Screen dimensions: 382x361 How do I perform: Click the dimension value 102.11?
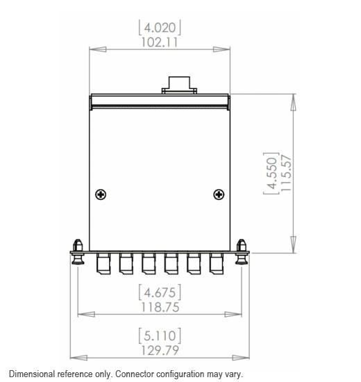(160, 42)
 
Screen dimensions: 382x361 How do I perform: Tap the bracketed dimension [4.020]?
(160, 27)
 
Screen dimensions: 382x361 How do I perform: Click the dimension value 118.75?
(160, 307)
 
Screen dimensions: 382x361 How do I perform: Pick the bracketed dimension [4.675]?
(160, 291)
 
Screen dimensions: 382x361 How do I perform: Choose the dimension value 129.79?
(160, 351)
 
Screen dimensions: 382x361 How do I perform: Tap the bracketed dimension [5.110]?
(160, 335)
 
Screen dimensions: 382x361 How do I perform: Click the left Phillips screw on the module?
(101, 194)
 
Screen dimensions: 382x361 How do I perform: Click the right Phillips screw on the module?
(218, 194)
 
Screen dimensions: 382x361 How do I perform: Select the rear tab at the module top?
(178, 85)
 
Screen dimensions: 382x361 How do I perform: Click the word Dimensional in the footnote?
(33, 374)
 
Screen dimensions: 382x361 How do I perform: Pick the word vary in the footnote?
(234, 374)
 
